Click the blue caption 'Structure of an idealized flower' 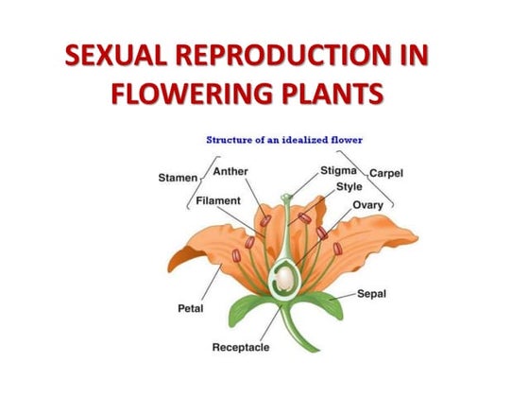[284, 140]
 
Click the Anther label [230, 171]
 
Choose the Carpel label [386, 173]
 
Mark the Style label [349, 186]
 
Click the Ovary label [367, 204]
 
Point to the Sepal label [370, 293]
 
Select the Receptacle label [240, 347]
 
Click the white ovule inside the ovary [283, 278]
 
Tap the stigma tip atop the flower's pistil [286, 198]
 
